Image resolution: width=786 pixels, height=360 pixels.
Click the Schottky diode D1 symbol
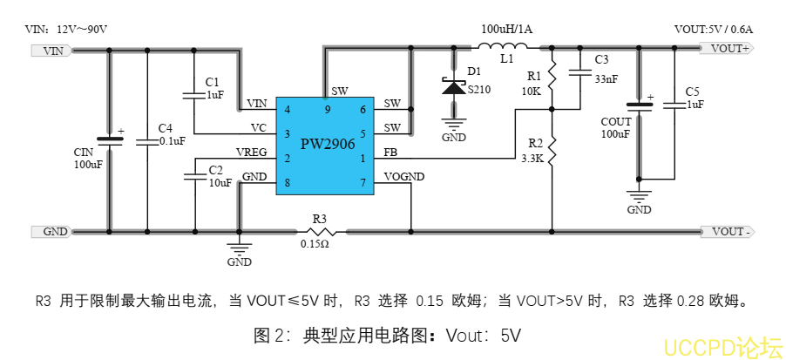[x=453, y=87]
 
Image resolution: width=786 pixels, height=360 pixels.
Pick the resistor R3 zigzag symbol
[x=320, y=232]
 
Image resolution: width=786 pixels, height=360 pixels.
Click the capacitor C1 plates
[x=192, y=93]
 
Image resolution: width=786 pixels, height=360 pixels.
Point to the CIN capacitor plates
[x=111, y=139]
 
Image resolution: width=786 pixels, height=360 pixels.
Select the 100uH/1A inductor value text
[x=506, y=29]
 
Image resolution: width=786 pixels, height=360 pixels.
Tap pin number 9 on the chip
[x=327, y=110]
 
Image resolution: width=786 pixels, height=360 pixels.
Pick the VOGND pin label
[x=404, y=177]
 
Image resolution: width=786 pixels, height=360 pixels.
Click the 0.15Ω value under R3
[x=315, y=245]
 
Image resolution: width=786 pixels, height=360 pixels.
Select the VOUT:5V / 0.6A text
[x=714, y=29]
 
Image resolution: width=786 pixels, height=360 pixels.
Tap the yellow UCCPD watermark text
[x=722, y=346]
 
